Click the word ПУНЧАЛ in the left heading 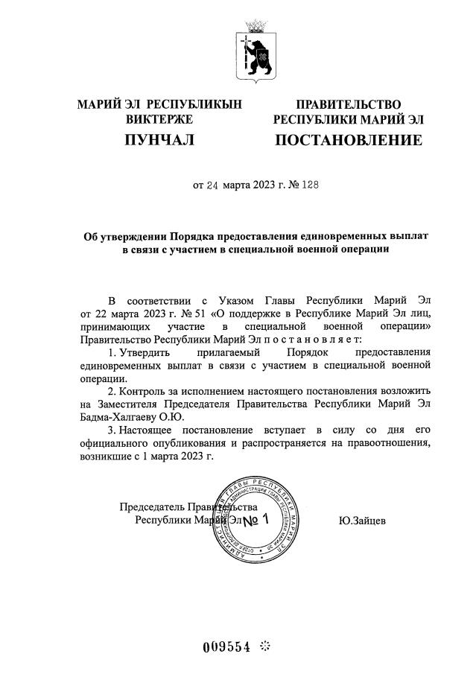point(159,139)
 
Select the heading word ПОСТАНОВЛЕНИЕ point(349,140)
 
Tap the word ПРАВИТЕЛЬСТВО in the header point(349,104)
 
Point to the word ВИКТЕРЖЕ point(159,119)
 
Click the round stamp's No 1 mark point(253,519)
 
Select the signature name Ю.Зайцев point(362,521)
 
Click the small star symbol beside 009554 point(264,646)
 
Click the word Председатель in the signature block point(152,507)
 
